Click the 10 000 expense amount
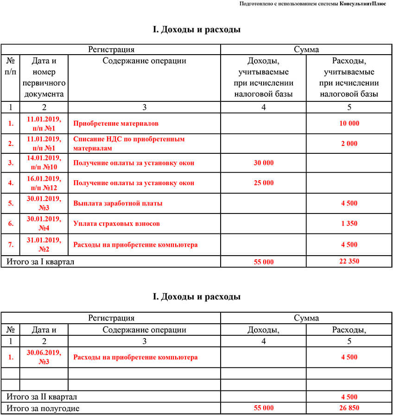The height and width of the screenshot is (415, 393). tap(349, 124)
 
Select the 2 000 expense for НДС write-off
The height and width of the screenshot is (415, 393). tap(349, 144)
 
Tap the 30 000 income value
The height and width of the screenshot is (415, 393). tap(264, 163)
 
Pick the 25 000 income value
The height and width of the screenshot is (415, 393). tap(264, 183)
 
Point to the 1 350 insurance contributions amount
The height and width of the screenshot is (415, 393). tap(349, 224)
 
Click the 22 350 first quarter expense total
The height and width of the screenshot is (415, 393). tap(349, 261)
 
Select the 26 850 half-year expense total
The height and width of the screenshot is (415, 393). tap(349, 408)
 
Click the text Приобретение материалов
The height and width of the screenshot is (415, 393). tap(116, 124)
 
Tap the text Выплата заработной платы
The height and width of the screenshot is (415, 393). tap(118, 203)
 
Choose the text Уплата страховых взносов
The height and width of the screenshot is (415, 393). tap(116, 224)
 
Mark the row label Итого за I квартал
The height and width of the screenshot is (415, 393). tap(40, 262)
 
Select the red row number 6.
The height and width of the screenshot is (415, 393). tap(11, 224)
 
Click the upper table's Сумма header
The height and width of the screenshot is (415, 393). tap(306, 50)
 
